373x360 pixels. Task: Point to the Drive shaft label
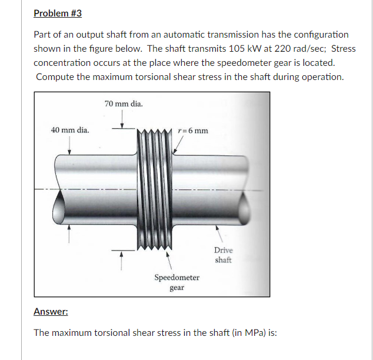(x=223, y=255)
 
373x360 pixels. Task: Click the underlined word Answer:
(x=51, y=311)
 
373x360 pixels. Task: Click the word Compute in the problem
(x=56, y=77)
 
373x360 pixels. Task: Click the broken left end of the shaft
(x=59, y=205)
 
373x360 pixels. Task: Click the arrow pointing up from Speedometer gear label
(x=169, y=259)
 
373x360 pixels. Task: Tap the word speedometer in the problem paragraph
(x=234, y=63)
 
